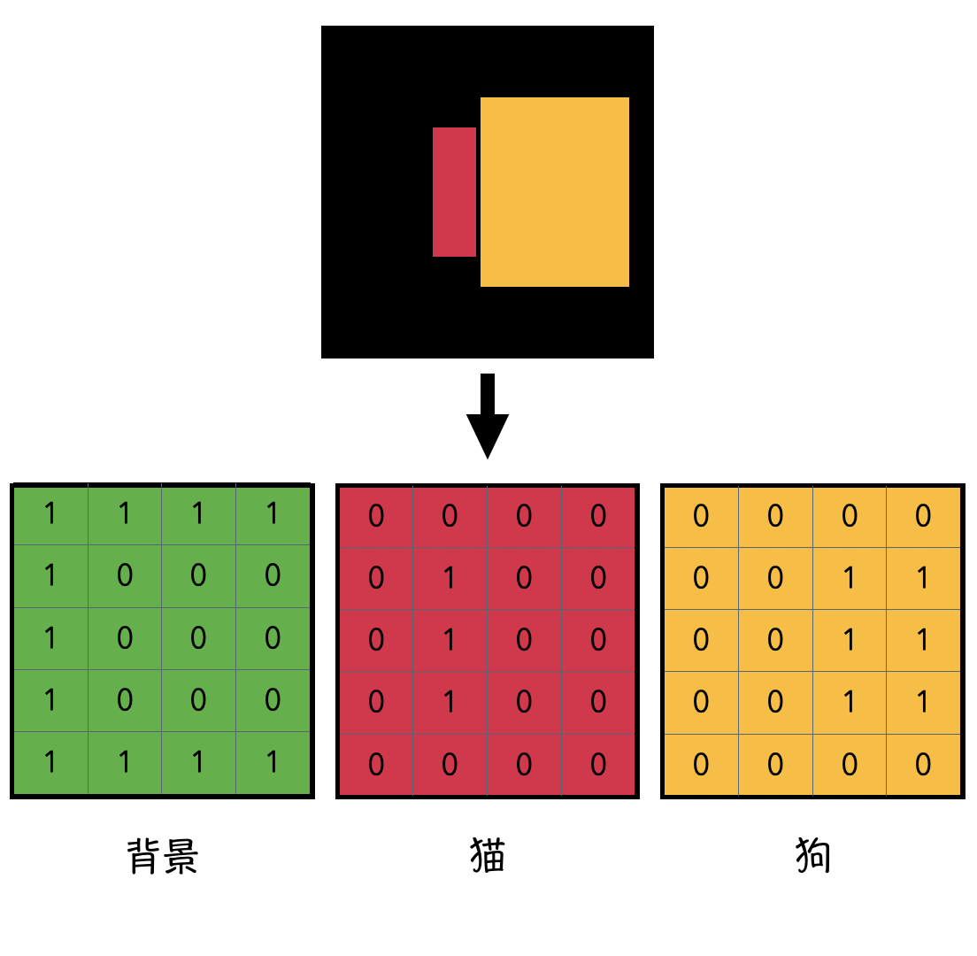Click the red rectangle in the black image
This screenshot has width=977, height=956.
[454, 192]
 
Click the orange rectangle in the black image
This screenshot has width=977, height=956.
[555, 192]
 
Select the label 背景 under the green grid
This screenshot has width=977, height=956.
[163, 857]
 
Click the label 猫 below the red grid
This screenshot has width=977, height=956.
[488, 857]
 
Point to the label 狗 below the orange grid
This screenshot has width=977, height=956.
[812, 857]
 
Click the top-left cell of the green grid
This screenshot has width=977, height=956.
[50, 513]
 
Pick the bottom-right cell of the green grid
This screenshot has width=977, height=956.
[273, 762]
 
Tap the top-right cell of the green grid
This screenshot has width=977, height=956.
[273, 513]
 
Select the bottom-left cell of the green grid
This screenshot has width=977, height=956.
[50, 762]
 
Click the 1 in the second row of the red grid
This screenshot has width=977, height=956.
[450, 578]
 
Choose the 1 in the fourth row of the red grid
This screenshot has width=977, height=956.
[450, 702]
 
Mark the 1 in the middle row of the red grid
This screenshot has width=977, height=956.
[450, 640]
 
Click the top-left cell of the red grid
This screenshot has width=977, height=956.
[376, 516]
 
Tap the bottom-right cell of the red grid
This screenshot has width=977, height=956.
[598, 764]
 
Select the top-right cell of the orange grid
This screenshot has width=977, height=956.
[923, 516]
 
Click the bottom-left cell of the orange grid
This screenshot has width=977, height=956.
[701, 764]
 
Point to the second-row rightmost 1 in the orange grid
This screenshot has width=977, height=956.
[923, 578]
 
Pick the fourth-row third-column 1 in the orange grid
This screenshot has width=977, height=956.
[850, 702]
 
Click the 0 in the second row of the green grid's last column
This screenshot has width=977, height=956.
[273, 575]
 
